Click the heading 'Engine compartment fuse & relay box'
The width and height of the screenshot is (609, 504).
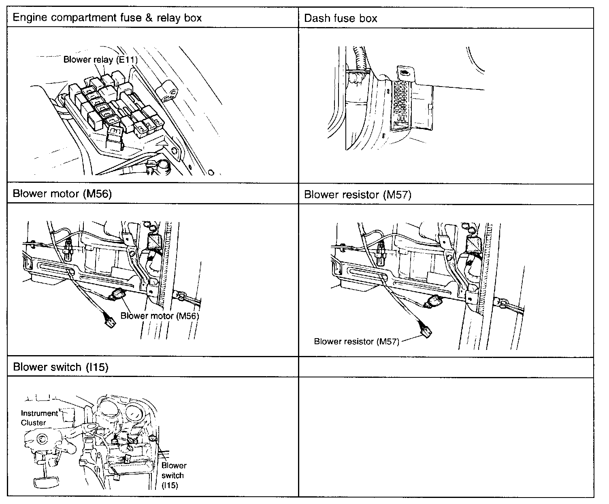(107, 17)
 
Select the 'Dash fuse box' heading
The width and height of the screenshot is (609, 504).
(341, 18)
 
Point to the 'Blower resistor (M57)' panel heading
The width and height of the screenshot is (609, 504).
(358, 195)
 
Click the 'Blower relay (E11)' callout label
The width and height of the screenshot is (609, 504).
(100, 59)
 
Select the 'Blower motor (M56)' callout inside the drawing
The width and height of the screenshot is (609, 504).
(160, 316)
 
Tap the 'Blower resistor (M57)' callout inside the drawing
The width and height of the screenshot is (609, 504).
(356, 341)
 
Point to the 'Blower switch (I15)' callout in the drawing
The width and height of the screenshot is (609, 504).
(173, 475)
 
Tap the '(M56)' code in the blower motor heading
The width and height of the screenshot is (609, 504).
(97, 193)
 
